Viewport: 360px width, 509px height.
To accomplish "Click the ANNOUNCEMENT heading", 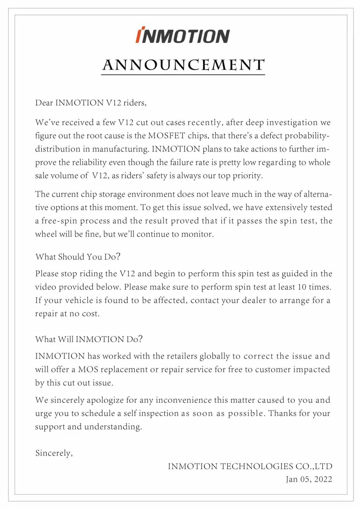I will tap(183, 65).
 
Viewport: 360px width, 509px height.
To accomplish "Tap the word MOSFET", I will tap(167, 136).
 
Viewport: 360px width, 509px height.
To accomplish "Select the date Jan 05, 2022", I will tap(309, 479).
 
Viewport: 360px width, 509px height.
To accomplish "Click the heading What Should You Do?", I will tap(78, 257).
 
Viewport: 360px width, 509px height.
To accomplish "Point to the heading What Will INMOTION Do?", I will tap(89, 339).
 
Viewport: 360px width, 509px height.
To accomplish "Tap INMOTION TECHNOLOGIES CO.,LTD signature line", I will tap(250, 466).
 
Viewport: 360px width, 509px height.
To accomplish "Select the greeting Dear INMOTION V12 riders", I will tap(91, 103).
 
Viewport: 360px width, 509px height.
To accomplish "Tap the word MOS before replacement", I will tap(88, 369).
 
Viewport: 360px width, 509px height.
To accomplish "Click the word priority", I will tap(247, 176).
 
